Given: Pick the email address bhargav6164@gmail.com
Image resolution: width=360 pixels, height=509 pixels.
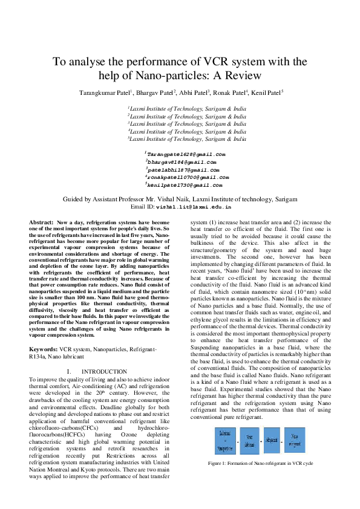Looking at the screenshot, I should pos(181,163).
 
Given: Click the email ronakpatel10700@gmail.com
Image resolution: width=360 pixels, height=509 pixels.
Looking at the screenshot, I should pos(187,178).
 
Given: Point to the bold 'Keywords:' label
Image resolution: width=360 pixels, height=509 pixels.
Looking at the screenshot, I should pos(44,349).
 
